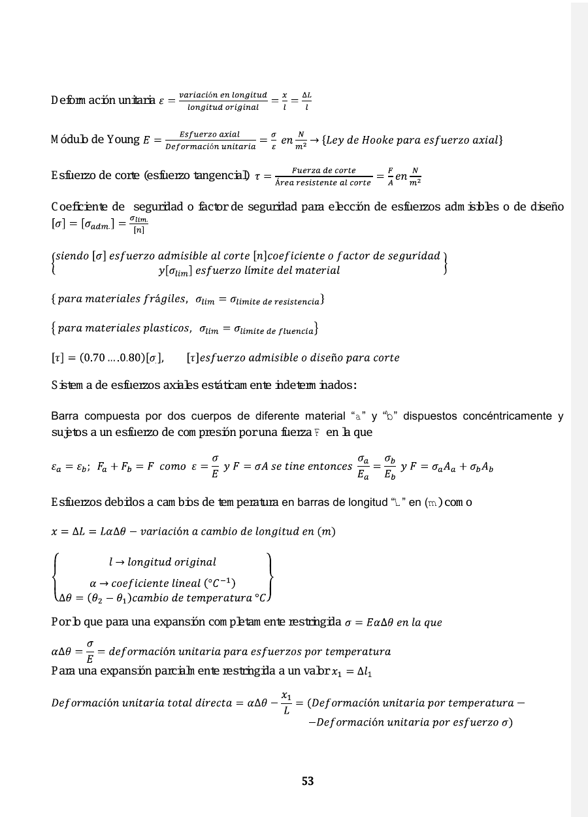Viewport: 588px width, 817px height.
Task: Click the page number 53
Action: [308, 781]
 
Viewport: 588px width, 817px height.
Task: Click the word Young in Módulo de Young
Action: [123, 139]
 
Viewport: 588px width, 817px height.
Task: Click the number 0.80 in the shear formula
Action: [129, 358]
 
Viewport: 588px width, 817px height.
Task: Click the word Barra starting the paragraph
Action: [65, 416]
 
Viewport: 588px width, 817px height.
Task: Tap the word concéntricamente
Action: [504, 416]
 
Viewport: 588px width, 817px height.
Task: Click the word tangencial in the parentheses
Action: [220, 176]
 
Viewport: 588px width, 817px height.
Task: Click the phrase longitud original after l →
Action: [172, 562]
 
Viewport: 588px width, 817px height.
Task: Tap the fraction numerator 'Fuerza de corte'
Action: [323, 171]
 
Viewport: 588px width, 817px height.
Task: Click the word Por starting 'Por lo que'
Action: [59, 622]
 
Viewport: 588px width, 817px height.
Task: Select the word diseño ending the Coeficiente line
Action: [547, 207]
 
